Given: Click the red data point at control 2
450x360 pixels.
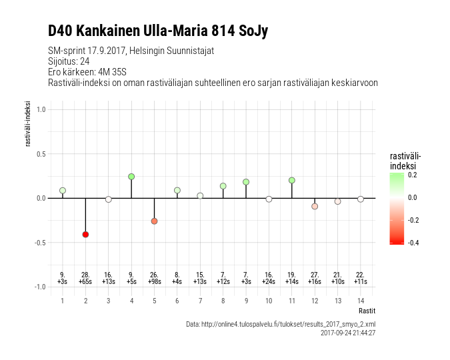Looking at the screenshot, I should pos(85,234).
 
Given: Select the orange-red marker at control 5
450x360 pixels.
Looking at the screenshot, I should pos(154,221).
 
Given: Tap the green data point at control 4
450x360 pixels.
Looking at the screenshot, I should pos(131,177).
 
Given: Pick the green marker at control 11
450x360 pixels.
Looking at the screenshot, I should pos(291,180).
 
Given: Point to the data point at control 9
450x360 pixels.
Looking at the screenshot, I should pos(246,181).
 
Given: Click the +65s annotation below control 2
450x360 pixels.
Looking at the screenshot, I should pos(85,282).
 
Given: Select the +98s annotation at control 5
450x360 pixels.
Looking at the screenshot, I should pos(154,282).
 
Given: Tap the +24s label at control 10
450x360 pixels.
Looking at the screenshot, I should pos(269,282).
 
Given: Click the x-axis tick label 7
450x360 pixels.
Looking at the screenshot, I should pos(200,301).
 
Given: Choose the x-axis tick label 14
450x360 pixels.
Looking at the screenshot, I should pos(360,301).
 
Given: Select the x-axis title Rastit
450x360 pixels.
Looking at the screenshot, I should pos(367,311).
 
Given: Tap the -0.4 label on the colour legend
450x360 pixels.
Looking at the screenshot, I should pos(413,243).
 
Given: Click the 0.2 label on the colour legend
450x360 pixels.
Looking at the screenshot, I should pos(413,175).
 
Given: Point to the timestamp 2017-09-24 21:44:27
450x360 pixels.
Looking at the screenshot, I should pos(348,332).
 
